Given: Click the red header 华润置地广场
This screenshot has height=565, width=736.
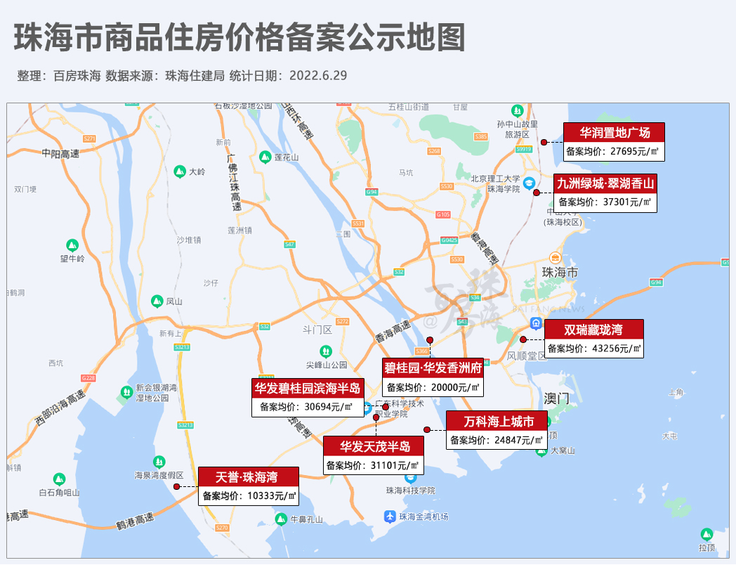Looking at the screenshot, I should (x=615, y=132).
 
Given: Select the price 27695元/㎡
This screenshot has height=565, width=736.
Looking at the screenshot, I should (x=615, y=151).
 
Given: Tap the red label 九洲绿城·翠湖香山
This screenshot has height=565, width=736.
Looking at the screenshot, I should (x=605, y=183).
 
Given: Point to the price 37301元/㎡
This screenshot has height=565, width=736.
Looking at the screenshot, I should (x=605, y=202).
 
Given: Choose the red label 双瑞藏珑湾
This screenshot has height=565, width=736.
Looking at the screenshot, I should (x=593, y=330).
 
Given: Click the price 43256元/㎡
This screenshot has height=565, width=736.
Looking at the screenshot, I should (x=593, y=349).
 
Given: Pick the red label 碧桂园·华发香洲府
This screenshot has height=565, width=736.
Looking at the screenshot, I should (x=433, y=368).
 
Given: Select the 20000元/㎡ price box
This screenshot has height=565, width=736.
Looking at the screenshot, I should (x=433, y=387).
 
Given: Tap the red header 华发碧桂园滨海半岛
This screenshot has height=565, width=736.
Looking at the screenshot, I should (x=308, y=387).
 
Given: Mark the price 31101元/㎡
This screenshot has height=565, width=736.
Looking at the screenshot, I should (x=373, y=465).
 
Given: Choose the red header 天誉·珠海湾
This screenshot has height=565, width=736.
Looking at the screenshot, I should (x=248, y=477).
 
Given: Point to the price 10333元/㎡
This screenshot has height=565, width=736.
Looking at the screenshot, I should (x=248, y=496).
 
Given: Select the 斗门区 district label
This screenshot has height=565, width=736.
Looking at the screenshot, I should (x=317, y=330).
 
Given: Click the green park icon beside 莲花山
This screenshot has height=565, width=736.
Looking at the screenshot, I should (x=265, y=157).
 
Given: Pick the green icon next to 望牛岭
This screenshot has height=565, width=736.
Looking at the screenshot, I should (x=72, y=245).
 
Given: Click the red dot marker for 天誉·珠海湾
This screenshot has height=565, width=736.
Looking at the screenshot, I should (x=176, y=486).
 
